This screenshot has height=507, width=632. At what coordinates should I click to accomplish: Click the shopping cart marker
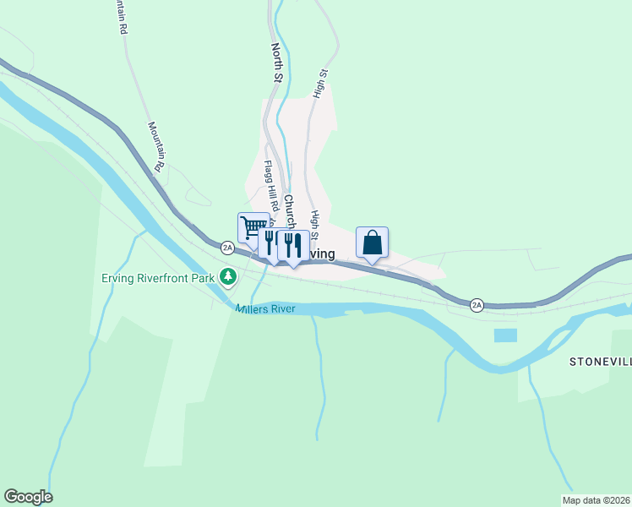point(251,226)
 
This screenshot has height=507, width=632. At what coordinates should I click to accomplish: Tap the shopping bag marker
point(372,243)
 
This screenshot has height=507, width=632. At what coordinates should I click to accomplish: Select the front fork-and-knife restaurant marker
point(292,245)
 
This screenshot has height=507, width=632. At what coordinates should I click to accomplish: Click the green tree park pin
point(227,276)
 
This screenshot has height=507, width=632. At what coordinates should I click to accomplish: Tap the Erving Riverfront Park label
point(158,277)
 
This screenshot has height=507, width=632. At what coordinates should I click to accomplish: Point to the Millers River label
point(264,309)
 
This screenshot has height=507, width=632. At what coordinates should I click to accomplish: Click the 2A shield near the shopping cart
point(226,248)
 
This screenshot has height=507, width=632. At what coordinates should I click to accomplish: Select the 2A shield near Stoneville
point(477,304)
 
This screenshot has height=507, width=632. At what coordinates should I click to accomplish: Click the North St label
point(276,63)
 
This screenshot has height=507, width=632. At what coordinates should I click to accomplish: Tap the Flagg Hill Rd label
point(270,185)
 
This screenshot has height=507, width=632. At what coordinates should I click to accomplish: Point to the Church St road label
point(289,212)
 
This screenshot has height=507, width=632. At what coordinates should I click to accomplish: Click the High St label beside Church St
point(315,224)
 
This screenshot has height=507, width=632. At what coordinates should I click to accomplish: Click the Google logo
point(28,497)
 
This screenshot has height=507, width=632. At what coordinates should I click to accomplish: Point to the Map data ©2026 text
point(596,500)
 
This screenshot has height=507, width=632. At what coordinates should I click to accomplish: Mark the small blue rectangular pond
point(504,335)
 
